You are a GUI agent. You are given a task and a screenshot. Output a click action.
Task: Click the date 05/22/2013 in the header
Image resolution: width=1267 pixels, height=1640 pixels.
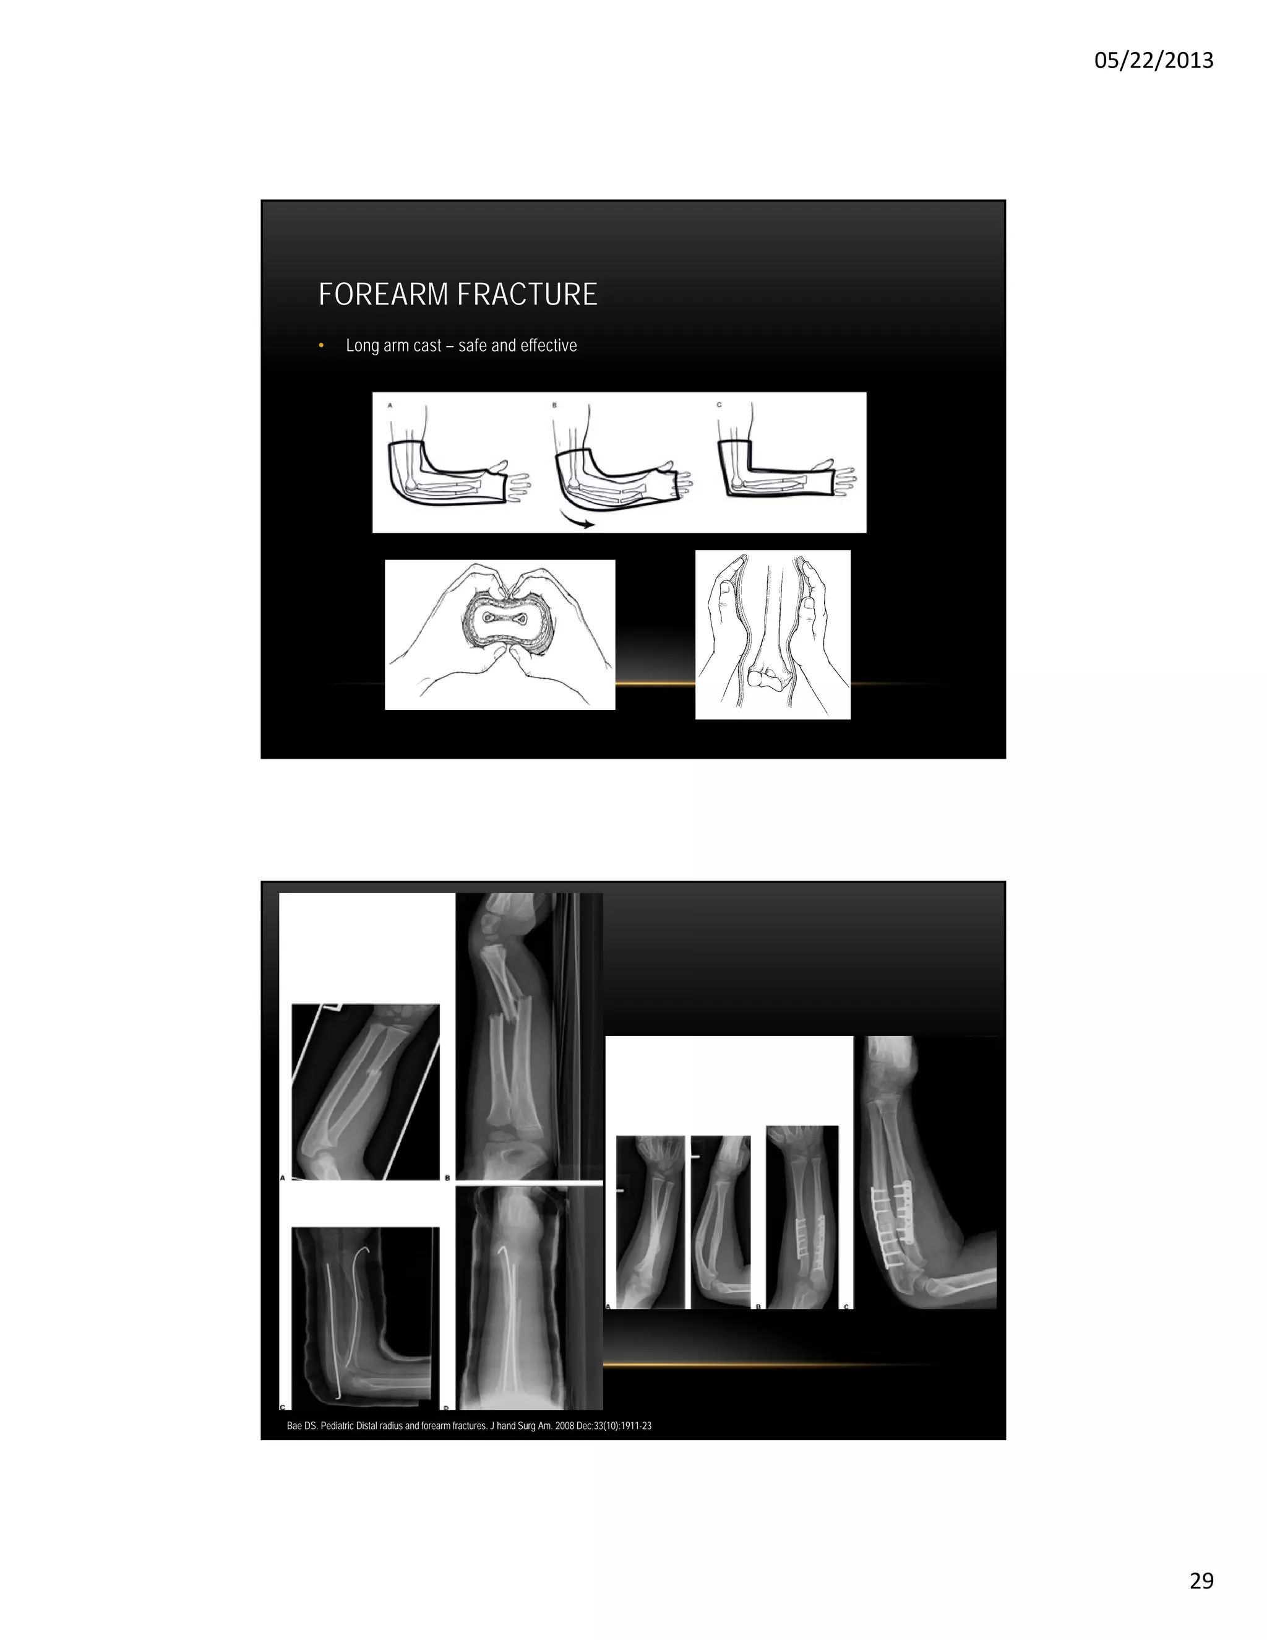(1153, 60)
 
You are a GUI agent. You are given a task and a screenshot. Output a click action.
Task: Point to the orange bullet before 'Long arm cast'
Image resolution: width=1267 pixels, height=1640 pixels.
(321, 345)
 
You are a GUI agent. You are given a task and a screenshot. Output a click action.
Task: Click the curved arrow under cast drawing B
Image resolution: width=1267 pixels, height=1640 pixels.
(577, 520)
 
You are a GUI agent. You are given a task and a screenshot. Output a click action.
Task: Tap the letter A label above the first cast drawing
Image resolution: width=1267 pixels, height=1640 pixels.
(390, 405)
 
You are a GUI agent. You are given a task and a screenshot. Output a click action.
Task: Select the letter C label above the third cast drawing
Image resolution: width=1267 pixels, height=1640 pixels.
(718, 405)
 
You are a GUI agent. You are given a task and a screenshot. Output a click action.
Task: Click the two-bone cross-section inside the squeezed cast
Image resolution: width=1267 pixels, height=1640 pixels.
(500, 619)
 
